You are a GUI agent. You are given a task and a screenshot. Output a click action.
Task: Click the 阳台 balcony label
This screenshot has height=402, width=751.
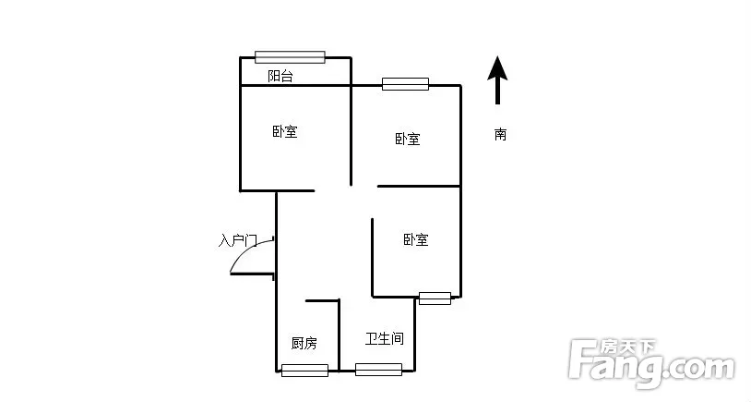pos(280,76)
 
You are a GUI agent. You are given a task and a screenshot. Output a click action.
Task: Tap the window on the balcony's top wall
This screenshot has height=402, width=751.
pos(290,57)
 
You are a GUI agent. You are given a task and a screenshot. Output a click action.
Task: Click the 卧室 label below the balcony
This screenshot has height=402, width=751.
pos(285,131)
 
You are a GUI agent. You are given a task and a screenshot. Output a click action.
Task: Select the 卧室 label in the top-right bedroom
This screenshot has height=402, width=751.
pos(408,140)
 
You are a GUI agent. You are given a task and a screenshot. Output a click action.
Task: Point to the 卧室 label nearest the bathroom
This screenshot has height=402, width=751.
pos(416,240)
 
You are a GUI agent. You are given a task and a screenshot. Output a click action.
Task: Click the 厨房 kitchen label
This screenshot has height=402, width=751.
pos(304,343)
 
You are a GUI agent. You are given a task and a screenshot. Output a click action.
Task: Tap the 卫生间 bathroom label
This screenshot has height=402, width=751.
pos(385,338)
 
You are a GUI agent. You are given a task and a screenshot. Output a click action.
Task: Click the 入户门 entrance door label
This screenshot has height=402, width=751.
pos(238,240)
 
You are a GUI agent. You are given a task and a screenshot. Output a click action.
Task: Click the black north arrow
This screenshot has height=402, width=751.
pos(497,79)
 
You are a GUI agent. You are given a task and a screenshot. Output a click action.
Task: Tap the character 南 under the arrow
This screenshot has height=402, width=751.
pos(500,134)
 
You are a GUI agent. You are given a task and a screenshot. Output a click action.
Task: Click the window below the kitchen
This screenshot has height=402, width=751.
pos(304,371)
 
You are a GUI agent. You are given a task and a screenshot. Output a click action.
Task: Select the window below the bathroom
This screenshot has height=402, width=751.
pos(378,370)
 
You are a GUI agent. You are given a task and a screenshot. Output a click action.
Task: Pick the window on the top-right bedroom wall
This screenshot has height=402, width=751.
pos(405,84)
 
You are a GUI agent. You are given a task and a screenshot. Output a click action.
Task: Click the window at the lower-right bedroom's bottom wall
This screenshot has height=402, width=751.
pos(435,298)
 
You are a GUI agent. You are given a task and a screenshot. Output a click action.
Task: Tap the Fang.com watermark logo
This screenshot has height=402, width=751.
pos(651,362)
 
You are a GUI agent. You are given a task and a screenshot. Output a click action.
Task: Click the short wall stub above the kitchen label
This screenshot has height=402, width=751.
pos(322,300)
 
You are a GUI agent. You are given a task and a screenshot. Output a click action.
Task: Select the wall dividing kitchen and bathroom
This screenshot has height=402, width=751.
pos(340,335)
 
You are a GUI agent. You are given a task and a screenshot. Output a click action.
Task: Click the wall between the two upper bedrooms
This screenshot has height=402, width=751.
pos(352,121)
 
